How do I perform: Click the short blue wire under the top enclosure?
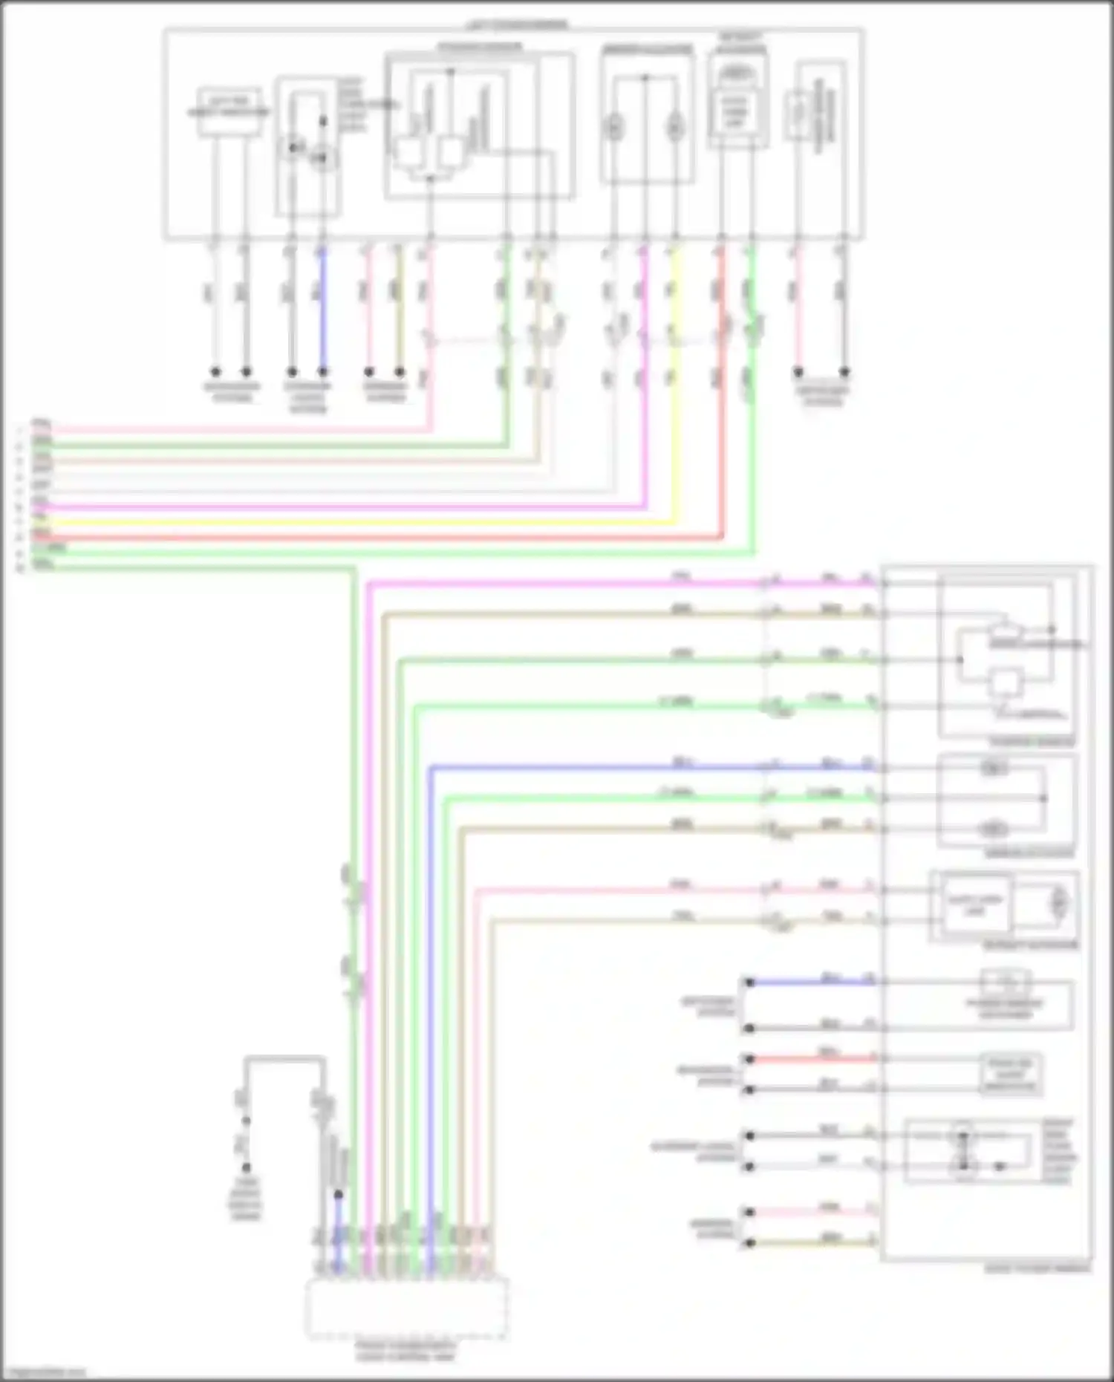tap(322, 312)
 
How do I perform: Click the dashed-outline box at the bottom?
tap(407, 1308)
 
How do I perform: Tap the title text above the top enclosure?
tap(517, 25)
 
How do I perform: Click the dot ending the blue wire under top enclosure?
tap(322, 371)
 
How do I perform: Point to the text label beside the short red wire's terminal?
tap(706, 1075)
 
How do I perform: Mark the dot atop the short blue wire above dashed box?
tap(338, 1195)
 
